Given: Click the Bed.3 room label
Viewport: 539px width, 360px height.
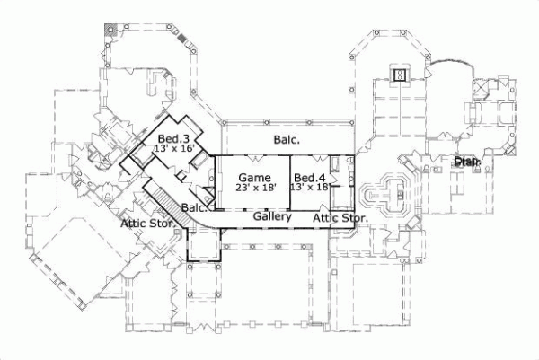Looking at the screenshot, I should point(172,138).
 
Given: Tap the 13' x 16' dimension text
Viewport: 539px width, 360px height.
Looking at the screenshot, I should point(174,149).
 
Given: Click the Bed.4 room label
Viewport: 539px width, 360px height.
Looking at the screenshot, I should point(310,176).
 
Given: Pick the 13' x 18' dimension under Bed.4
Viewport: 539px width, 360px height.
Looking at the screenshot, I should point(311,187).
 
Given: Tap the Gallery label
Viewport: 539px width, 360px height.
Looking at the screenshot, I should point(269,217).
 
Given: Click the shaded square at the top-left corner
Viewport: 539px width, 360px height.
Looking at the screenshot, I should point(110,29).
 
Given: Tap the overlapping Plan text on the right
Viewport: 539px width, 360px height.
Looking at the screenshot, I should point(465,162).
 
